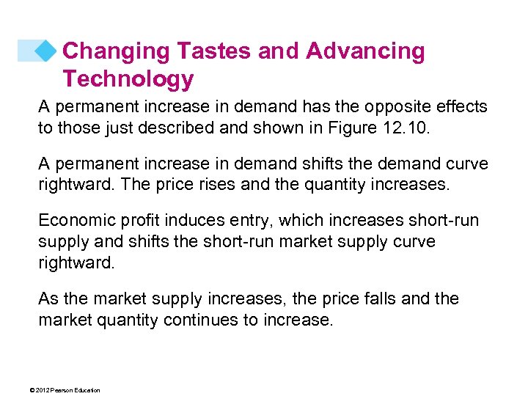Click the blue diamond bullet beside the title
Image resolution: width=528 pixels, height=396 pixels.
pos(46,51)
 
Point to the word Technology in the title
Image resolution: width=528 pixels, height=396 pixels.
pos(128,78)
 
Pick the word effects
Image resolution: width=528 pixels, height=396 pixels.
pos(460,107)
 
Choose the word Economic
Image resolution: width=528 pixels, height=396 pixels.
pos(76,221)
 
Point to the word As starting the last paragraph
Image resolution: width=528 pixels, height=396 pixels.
pos(48,299)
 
